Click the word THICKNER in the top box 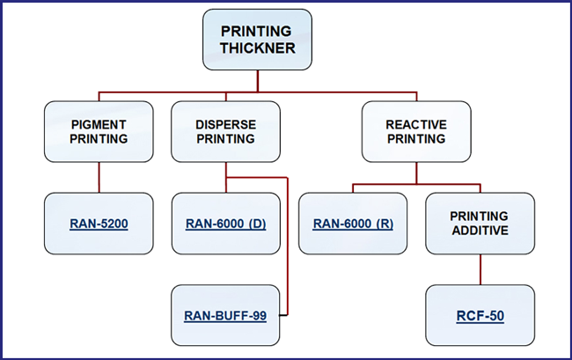point(258,48)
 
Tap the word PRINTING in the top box point(256,31)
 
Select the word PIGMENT point(99,125)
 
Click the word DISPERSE point(226,125)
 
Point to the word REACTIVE point(416,125)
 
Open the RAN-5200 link point(99,224)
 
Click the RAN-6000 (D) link point(226,224)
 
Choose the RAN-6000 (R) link point(353,224)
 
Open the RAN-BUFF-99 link point(225,315)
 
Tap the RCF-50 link point(480,315)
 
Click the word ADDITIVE point(480,231)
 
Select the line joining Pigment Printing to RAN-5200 point(99,177)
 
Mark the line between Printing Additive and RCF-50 point(480,269)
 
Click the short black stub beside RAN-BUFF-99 point(283,315)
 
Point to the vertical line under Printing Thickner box point(258,81)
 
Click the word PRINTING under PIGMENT point(99,139)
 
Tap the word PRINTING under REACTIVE point(416,139)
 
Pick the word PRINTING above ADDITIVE point(479,217)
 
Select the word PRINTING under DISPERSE point(226,139)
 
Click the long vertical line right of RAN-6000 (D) point(288,246)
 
